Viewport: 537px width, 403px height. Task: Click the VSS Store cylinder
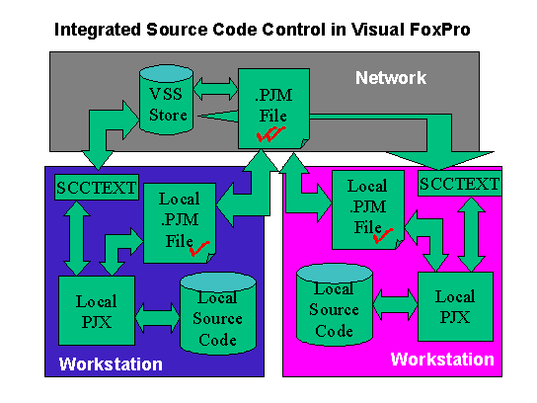point(167,100)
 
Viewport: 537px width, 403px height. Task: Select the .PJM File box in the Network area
point(274,109)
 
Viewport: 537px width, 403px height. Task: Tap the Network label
point(391,78)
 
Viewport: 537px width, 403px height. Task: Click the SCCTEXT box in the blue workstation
point(97,187)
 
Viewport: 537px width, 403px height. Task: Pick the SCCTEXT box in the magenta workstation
point(460,184)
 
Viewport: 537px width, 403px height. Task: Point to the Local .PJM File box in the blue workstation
point(180,223)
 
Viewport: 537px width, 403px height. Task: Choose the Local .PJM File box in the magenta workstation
point(368,209)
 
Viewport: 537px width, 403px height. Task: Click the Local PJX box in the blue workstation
point(97,310)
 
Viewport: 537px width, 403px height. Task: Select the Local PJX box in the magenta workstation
point(455,306)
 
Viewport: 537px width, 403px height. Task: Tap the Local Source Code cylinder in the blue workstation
point(218,313)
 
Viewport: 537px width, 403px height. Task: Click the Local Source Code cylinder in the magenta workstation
point(335,304)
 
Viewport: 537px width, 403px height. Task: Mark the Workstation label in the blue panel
point(111,363)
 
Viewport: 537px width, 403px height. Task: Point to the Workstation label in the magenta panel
point(442,360)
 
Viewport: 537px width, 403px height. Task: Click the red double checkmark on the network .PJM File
point(270,133)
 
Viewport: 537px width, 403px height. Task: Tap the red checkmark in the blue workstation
point(199,248)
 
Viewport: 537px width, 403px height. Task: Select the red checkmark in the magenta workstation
point(383,236)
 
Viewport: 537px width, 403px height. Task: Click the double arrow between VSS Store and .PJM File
point(215,89)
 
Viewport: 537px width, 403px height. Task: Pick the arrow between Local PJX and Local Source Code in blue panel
point(158,318)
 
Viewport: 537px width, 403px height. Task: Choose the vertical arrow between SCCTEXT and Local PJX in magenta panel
point(471,234)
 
